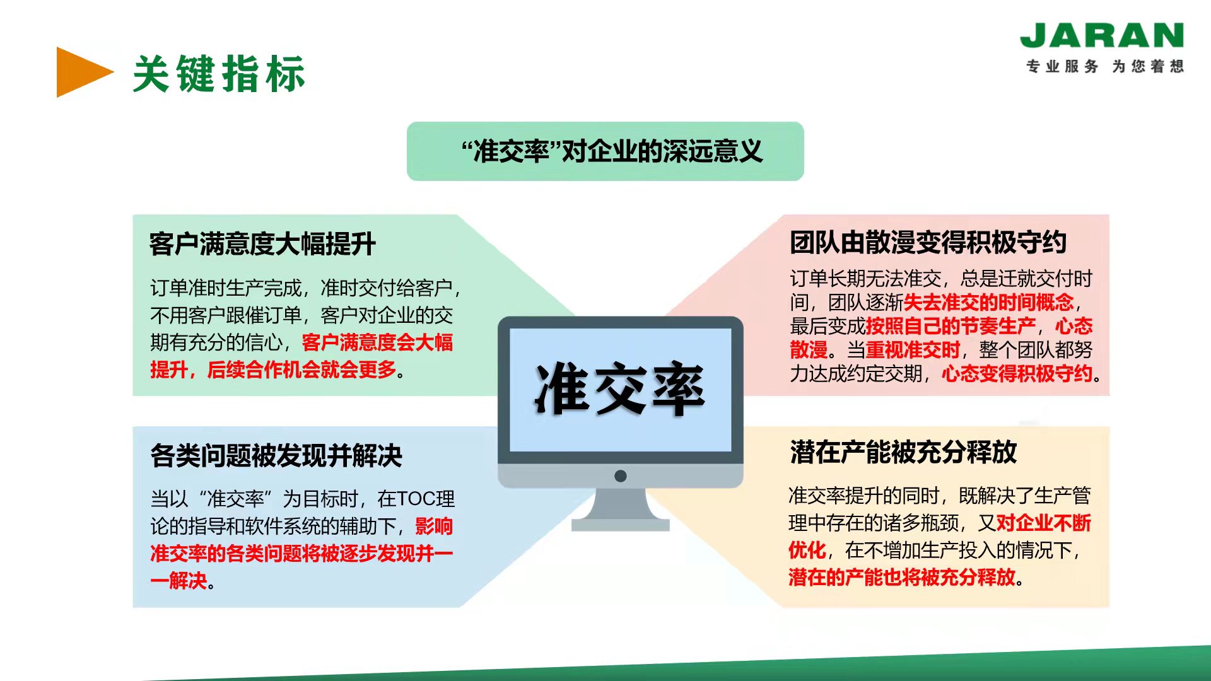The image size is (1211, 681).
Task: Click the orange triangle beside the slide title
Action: (82, 72)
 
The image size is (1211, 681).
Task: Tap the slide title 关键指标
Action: (219, 74)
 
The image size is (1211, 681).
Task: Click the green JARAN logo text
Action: (1101, 35)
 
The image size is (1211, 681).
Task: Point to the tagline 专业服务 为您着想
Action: (1104, 66)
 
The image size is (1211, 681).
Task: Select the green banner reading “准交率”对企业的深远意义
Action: (605, 151)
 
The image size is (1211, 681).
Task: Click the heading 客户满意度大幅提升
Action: (262, 244)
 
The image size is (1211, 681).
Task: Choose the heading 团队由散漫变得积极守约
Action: (928, 242)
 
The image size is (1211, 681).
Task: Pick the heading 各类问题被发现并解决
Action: (276, 455)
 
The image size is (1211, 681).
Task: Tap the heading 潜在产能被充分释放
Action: (903, 452)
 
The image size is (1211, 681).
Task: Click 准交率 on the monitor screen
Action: (620, 388)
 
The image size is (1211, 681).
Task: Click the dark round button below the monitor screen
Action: (620, 476)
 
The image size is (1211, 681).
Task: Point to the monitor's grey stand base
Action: (620, 525)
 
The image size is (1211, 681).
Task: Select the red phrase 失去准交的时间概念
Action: (988, 303)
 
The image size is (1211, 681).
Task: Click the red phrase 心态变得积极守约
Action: (1017, 374)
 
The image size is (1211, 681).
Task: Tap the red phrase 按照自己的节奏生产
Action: (951, 326)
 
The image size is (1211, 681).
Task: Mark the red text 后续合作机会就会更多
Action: (301, 370)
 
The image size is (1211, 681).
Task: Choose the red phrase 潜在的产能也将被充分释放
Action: (902, 577)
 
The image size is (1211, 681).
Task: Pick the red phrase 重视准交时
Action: (913, 350)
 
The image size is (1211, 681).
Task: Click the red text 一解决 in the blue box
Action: (178, 581)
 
